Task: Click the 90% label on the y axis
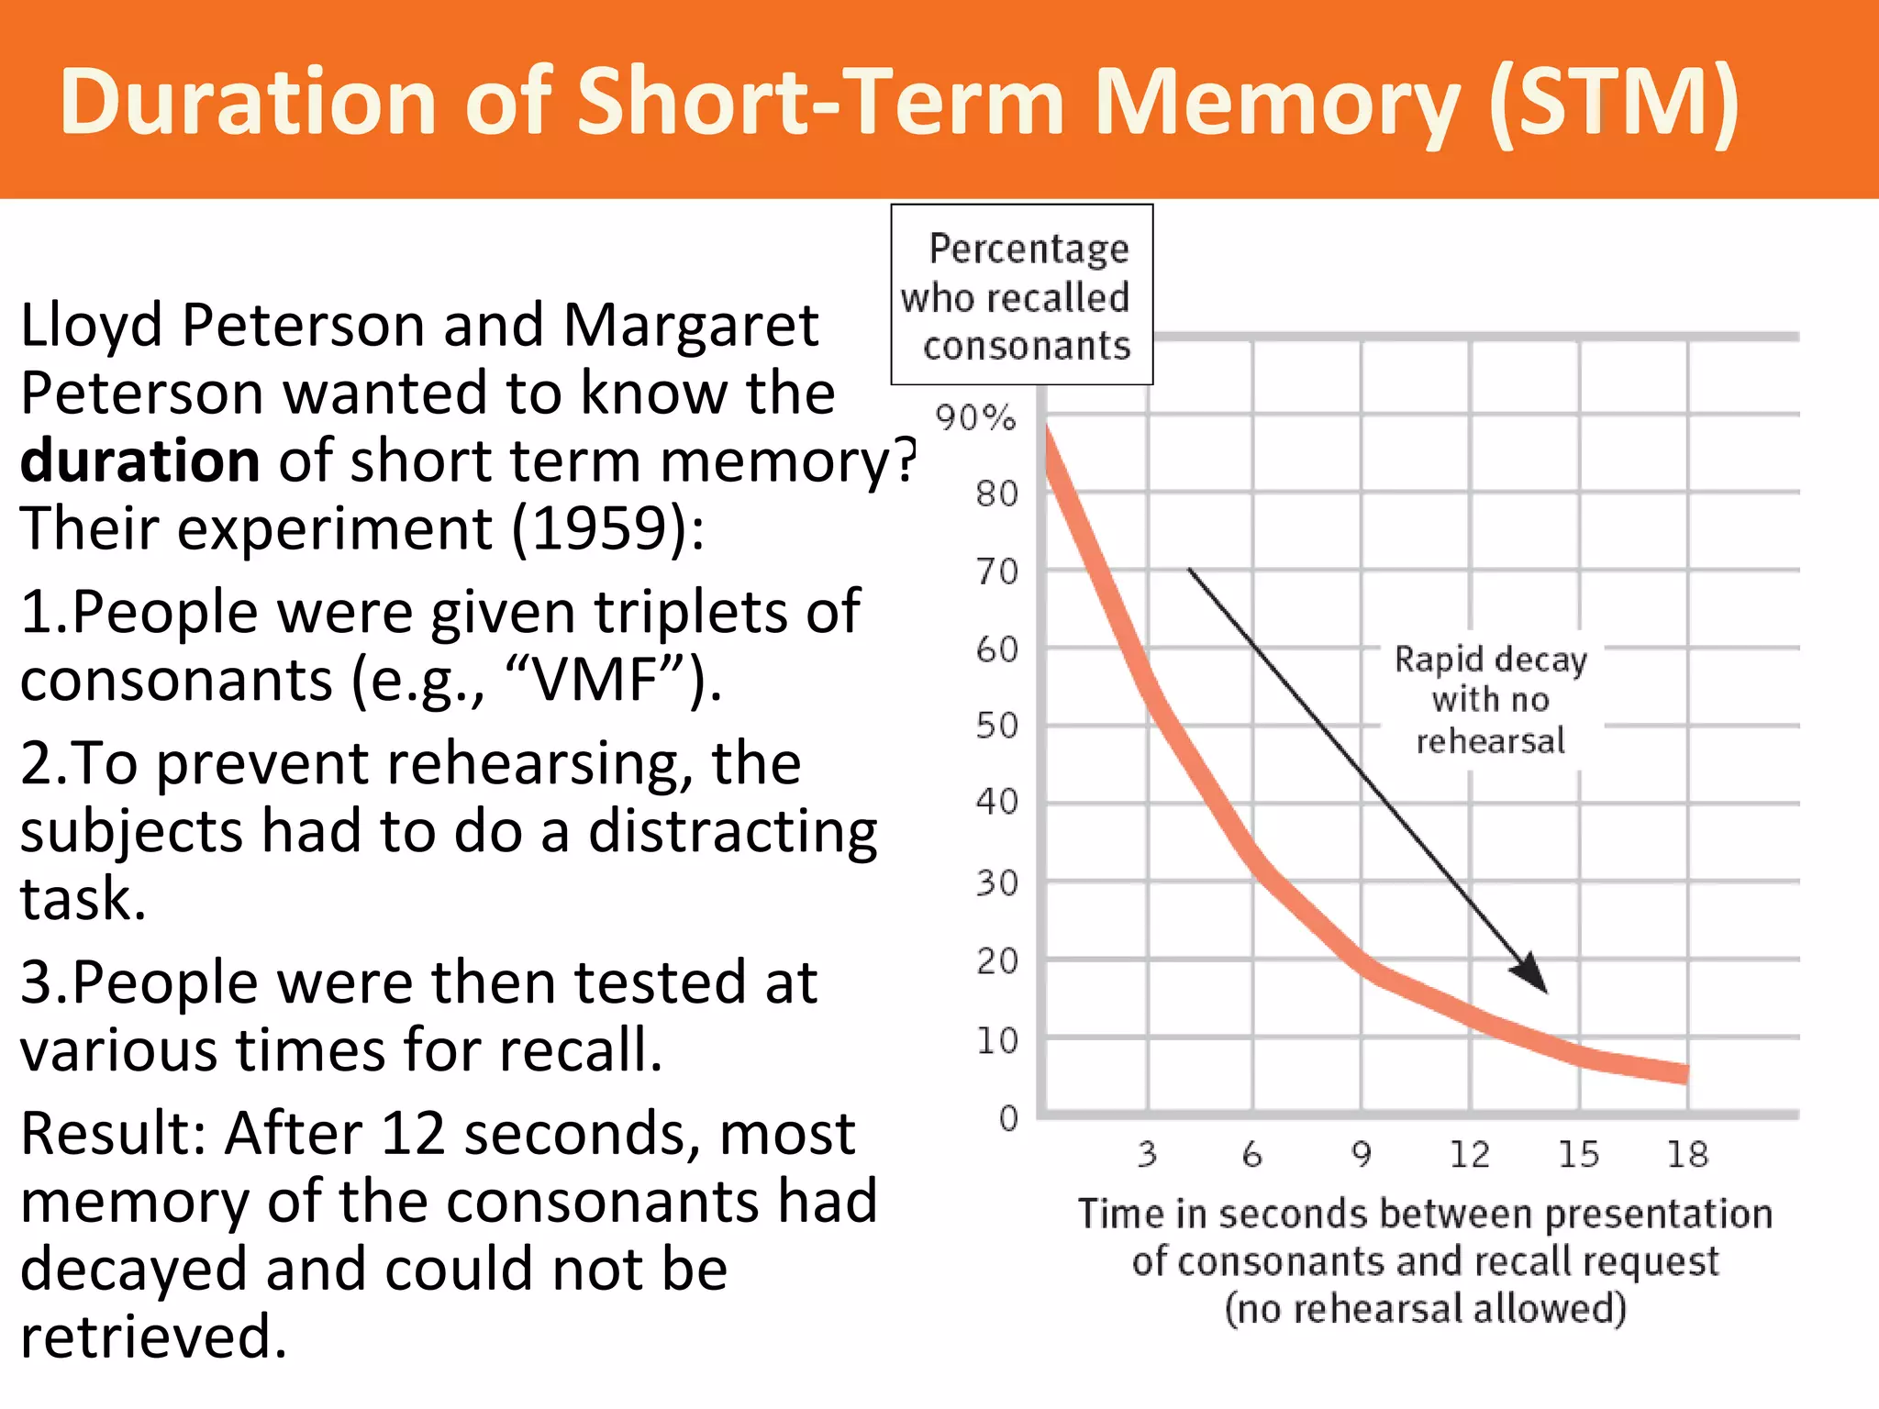[x=975, y=418]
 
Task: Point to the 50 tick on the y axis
[x=997, y=726]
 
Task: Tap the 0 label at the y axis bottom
[x=1008, y=1118]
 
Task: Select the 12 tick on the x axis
[x=1470, y=1155]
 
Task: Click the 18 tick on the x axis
[x=1687, y=1155]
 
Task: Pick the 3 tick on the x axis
[x=1148, y=1155]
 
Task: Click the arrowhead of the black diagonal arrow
[x=1534, y=978]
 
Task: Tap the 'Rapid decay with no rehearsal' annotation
[x=1490, y=700]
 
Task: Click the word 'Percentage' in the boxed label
[x=1028, y=249]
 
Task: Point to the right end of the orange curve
[x=1684, y=1073]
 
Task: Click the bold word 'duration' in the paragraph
[x=139, y=460]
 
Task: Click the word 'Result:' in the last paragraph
[x=115, y=1134]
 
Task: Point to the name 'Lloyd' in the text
[x=91, y=327]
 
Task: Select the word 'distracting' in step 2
[x=732, y=831]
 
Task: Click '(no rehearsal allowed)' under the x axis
[x=1426, y=1308]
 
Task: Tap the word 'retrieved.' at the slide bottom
[x=153, y=1337]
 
